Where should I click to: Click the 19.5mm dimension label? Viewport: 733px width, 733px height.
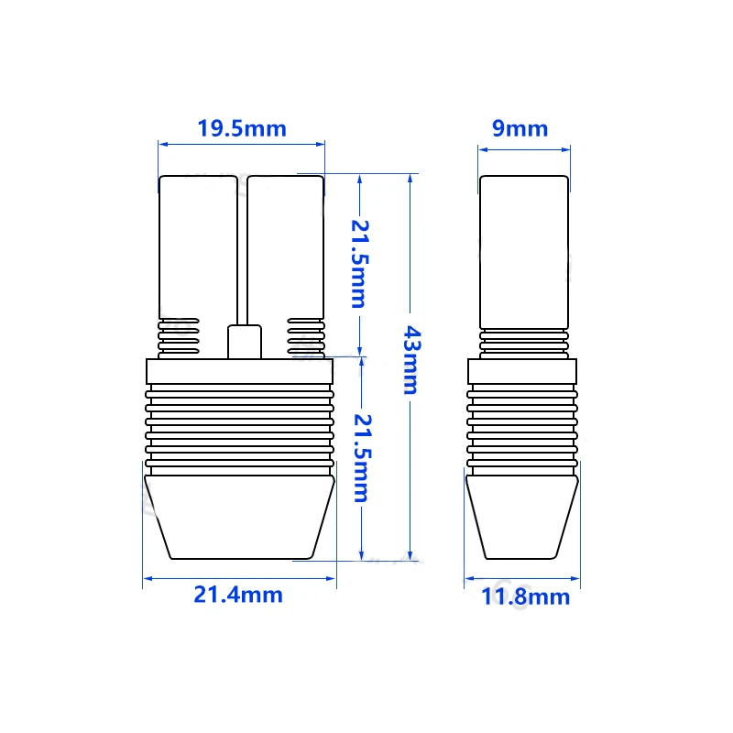pos(242,128)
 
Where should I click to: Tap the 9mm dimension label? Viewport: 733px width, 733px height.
pos(520,128)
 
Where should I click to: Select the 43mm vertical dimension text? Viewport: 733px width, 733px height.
pos(411,360)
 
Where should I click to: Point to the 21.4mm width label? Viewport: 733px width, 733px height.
pos(238,595)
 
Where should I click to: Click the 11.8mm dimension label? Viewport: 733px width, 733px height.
pos(525,596)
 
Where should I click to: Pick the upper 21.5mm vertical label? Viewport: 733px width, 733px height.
pos(360,264)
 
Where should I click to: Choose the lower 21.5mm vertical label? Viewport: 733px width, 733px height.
pos(362,458)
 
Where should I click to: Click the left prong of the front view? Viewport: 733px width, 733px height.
pos(198,247)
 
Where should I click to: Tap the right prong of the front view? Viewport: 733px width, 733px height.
pos(285,247)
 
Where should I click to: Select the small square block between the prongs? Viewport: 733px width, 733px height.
pos(245,342)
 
